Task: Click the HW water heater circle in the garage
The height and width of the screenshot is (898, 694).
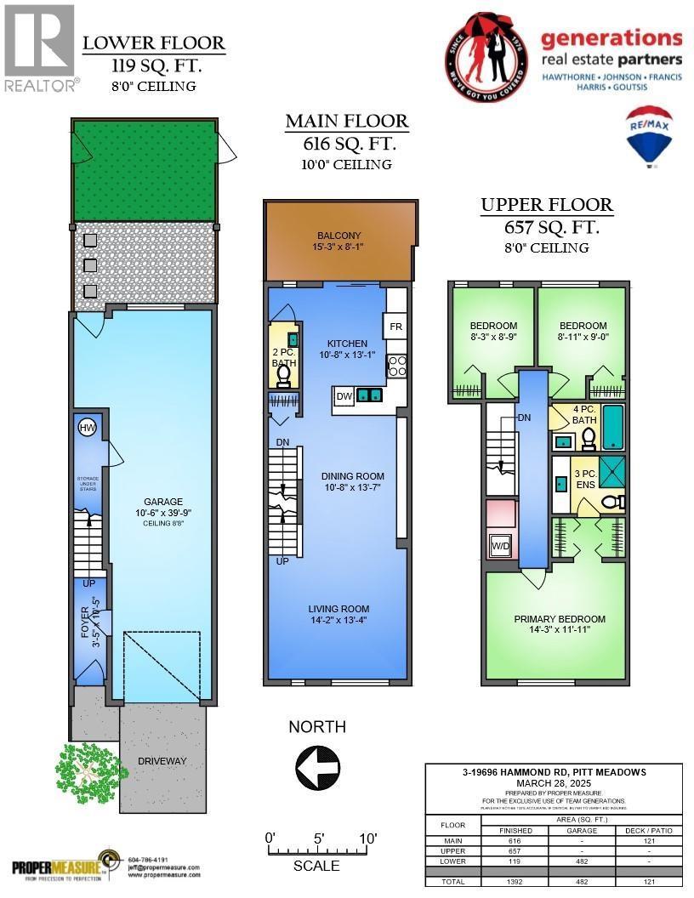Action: pyautogui.click(x=86, y=428)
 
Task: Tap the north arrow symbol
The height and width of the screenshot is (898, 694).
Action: pyautogui.click(x=317, y=768)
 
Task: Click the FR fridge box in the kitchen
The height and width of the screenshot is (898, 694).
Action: pyautogui.click(x=395, y=326)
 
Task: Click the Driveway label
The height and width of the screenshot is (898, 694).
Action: pyautogui.click(x=162, y=760)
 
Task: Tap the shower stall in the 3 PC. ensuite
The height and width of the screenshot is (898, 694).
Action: pyautogui.click(x=610, y=470)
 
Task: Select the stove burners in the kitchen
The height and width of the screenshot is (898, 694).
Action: pyautogui.click(x=396, y=367)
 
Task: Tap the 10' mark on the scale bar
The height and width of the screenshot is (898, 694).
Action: pyautogui.click(x=367, y=838)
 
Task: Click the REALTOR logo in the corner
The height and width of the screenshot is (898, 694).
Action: pyautogui.click(x=41, y=47)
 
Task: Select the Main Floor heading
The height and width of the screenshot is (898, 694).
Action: pyautogui.click(x=347, y=122)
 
